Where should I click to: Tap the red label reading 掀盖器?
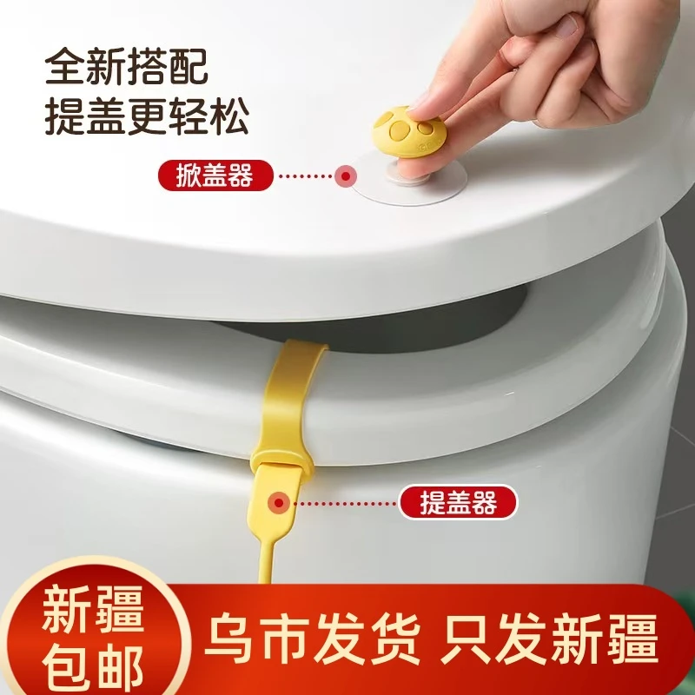[x=215, y=176]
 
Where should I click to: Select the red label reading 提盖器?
[x=457, y=502]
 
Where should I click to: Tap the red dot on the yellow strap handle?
[x=280, y=501]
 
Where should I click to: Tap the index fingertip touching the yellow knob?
[x=423, y=104]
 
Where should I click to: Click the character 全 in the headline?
[x=67, y=66]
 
